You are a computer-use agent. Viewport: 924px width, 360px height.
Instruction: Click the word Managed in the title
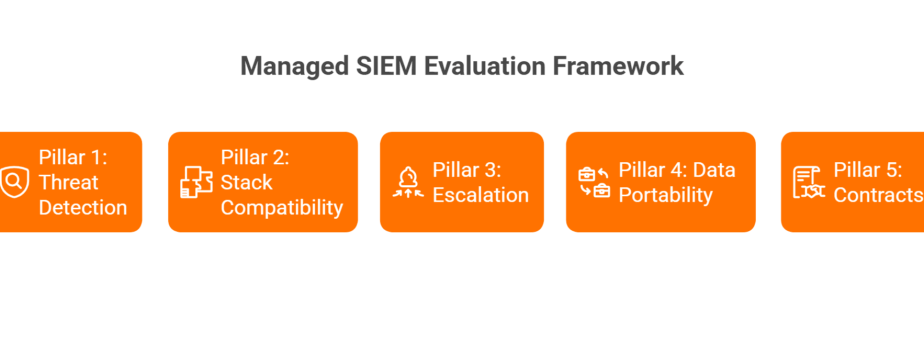click(x=295, y=67)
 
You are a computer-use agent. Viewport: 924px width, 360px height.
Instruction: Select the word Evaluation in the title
click(x=484, y=66)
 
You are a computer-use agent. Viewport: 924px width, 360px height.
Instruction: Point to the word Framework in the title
click(x=618, y=66)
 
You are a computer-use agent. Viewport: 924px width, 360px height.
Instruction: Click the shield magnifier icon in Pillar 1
click(x=14, y=182)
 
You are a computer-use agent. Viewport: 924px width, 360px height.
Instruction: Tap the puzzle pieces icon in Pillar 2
click(x=196, y=182)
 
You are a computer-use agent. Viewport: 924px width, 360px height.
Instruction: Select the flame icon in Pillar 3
click(x=408, y=182)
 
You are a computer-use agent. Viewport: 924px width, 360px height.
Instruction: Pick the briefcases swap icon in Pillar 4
click(x=594, y=182)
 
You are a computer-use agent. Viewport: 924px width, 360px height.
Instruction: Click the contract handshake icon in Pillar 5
click(x=809, y=183)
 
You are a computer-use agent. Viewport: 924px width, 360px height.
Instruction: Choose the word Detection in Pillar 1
click(x=82, y=207)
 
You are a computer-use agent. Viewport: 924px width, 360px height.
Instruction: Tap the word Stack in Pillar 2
click(x=246, y=183)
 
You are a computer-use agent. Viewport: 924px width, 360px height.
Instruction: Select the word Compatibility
click(x=282, y=207)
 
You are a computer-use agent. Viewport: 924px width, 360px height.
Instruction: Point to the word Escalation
click(x=480, y=195)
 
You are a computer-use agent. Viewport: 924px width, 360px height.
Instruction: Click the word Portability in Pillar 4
click(x=665, y=195)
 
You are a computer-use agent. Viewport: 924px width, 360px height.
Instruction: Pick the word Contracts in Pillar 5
click(x=879, y=195)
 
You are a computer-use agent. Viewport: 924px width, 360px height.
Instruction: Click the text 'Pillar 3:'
click(x=467, y=170)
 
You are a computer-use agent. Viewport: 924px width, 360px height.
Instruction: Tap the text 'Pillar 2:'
click(x=255, y=158)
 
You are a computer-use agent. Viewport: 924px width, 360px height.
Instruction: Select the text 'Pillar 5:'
click(x=867, y=170)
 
